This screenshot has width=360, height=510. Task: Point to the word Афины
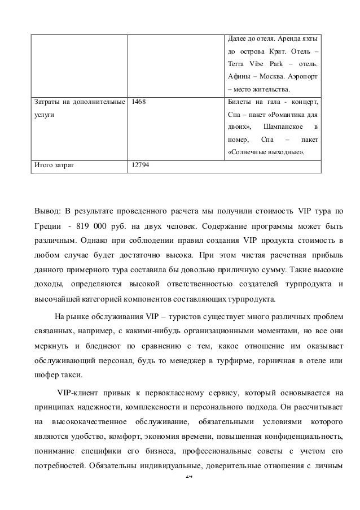(237, 76)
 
